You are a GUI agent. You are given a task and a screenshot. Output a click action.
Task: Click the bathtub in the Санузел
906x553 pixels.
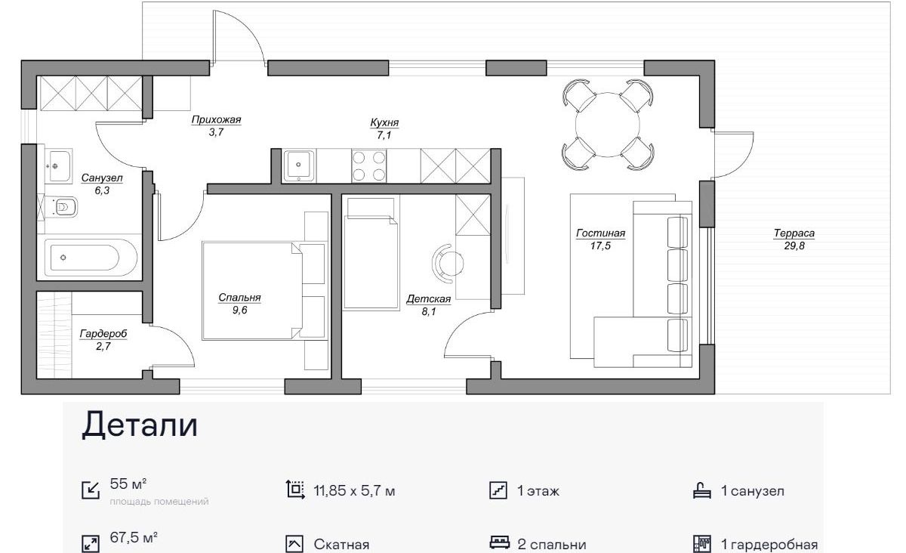click(91, 258)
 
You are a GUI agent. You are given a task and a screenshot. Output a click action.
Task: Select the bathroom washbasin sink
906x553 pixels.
click(59, 166)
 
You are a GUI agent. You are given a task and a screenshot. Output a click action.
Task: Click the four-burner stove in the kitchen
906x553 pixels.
click(369, 165)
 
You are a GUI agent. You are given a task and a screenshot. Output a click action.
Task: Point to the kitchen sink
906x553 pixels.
click(299, 165)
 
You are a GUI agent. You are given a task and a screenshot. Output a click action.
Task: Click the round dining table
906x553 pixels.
click(608, 125)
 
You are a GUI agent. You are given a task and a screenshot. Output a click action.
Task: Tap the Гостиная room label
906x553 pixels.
click(601, 233)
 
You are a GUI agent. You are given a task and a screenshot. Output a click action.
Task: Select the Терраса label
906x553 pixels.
click(794, 233)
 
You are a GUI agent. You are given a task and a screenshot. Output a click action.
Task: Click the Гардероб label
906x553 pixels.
click(103, 334)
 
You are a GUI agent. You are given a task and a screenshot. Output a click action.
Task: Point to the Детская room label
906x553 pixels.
click(428, 299)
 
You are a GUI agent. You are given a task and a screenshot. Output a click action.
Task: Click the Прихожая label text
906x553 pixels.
click(216, 120)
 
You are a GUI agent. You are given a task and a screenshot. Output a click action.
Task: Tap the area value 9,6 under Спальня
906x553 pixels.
click(239, 310)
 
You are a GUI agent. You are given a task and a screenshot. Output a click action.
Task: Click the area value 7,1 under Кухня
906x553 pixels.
click(384, 135)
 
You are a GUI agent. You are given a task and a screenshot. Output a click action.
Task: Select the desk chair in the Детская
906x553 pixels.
click(447, 263)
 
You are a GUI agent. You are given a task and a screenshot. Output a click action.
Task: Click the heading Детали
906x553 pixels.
click(140, 425)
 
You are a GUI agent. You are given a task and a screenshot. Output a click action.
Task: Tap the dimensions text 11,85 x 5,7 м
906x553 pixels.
click(354, 491)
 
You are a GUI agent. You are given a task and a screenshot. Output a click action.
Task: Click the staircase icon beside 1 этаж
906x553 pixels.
click(498, 490)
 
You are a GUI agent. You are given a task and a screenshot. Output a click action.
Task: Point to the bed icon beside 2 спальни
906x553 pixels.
click(500, 543)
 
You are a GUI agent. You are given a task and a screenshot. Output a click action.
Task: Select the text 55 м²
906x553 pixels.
click(128, 483)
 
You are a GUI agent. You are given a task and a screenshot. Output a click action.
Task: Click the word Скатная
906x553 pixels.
click(341, 545)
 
